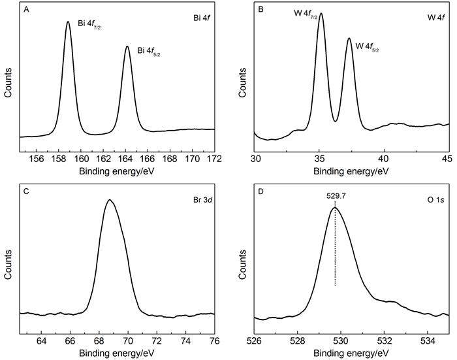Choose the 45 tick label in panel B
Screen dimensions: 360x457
(447, 158)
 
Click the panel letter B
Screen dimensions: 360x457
(261, 11)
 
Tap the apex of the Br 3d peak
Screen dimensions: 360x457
(110, 200)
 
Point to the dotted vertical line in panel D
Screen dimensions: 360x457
(335, 248)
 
